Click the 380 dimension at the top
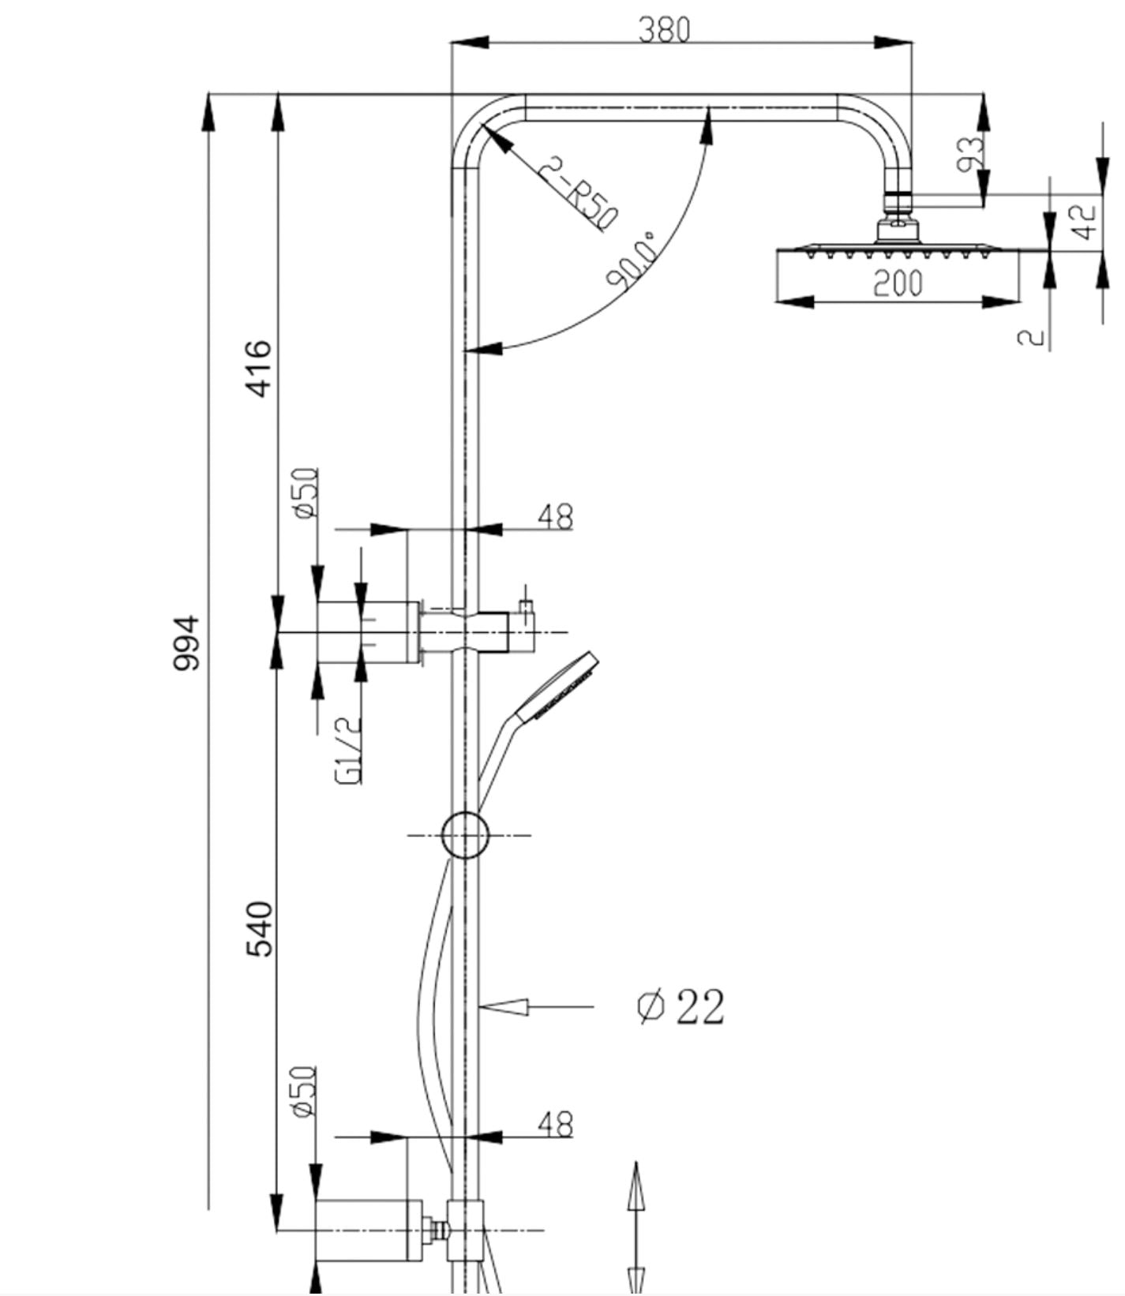point(664,30)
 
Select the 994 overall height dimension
point(187,643)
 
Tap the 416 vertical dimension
point(259,369)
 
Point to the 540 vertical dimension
point(259,928)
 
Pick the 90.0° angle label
point(632,260)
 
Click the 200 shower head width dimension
point(898,283)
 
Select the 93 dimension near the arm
point(970,154)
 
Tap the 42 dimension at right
point(1086,222)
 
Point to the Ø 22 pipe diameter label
point(680,1006)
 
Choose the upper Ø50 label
point(306,493)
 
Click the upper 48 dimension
point(556,517)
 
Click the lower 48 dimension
point(556,1125)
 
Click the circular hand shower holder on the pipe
point(464,834)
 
